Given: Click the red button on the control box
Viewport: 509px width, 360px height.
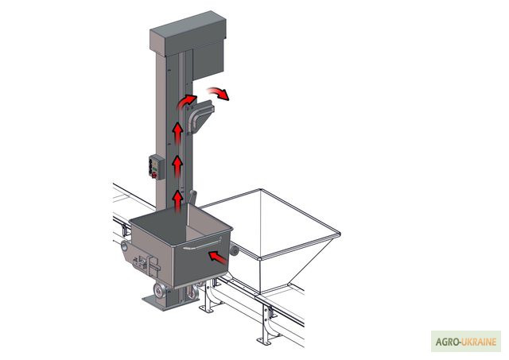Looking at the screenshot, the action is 154,176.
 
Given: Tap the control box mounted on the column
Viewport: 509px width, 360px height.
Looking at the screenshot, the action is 157,167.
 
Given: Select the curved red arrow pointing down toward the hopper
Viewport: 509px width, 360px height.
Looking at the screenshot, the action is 219,93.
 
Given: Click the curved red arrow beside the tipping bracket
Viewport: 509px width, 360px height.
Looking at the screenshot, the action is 186,101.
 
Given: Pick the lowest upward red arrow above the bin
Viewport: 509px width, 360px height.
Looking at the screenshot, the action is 177,201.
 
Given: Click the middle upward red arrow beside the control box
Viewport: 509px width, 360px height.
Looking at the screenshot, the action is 177,166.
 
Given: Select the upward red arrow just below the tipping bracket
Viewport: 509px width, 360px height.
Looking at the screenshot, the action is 177,133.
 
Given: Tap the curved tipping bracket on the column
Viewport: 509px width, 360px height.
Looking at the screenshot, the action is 200,116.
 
